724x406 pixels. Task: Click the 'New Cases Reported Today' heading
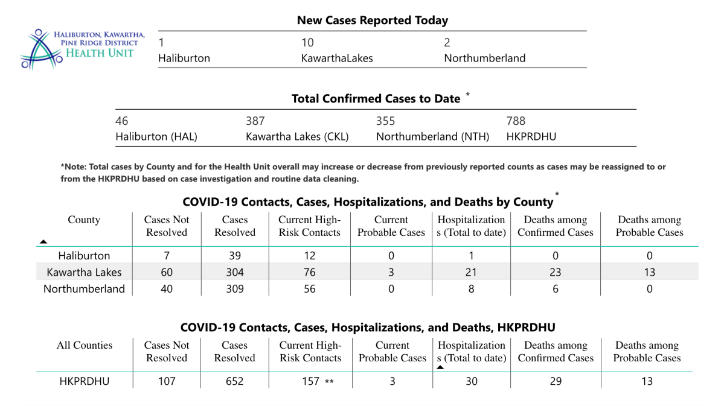click(x=372, y=21)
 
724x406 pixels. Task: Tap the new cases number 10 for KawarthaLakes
click(x=308, y=43)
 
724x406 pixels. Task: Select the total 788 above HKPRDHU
click(x=516, y=121)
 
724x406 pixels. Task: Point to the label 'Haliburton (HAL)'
click(x=156, y=137)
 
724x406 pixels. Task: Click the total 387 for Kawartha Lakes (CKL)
click(x=255, y=121)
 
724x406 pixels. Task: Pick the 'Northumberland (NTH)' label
click(x=432, y=137)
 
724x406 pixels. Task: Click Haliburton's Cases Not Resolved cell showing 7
click(x=167, y=255)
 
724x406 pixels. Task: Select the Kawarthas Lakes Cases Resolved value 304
click(x=235, y=272)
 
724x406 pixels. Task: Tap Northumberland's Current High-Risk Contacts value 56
click(x=310, y=289)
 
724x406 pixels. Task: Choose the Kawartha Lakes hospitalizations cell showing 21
click(x=471, y=272)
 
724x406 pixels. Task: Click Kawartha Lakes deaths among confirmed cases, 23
click(x=556, y=272)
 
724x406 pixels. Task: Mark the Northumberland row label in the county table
click(x=84, y=289)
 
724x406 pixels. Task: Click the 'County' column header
click(x=84, y=220)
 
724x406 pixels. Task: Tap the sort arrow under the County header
click(x=43, y=241)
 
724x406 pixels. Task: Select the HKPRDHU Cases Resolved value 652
click(x=235, y=381)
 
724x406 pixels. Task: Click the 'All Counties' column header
click(x=84, y=346)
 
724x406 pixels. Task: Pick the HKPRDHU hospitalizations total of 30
click(x=471, y=381)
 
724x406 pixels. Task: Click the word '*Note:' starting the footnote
click(x=73, y=167)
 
